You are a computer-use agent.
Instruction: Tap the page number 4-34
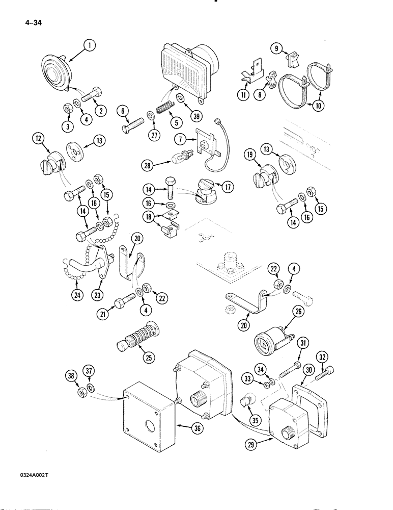pos(31,22)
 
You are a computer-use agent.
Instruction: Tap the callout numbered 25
pos(149,358)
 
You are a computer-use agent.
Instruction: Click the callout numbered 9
pos(277,48)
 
